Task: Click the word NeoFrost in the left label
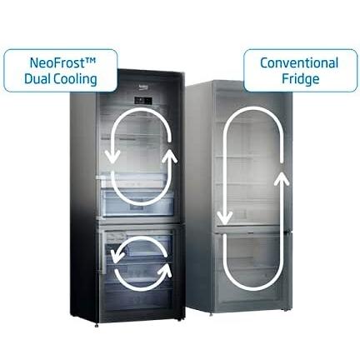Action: pyautogui.click(x=57, y=62)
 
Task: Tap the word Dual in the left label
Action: pyautogui.click(x=37, y=79)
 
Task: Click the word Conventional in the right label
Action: pyautogui.click(x=299, y=62)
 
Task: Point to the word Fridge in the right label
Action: pyautogui.click(x=301, y=79)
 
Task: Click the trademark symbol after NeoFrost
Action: pyautogui.click(x=90, y=60)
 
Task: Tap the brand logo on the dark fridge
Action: pyautogui.click(x=144, y=87)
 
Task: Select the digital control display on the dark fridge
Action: pyautogui.click(x=143, y=101)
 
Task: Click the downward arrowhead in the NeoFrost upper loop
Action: pyautogui.click(x=112, y=157)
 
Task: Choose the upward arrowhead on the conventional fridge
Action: pyautogui.click(x=282, y=178)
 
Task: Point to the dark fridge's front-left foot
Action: pyautogui.click(x=97, y=325)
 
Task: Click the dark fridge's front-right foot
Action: pyautogui.click(x=179, y=320)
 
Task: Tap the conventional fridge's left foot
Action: pyautogui.click(x=211, y=314)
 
